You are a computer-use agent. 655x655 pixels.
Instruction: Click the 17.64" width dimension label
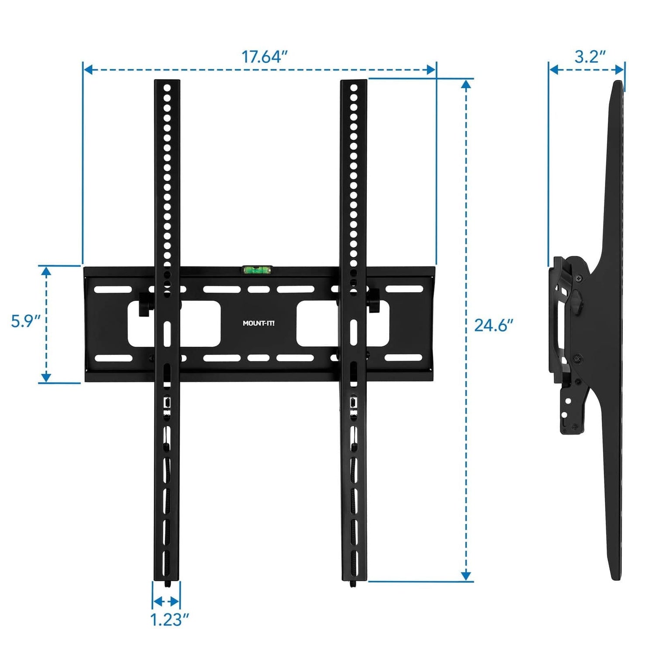(265, 57)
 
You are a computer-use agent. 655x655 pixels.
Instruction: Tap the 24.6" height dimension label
(493, 325)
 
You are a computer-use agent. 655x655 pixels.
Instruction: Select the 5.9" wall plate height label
(25, 321)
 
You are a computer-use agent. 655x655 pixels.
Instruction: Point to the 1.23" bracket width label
(169, 619)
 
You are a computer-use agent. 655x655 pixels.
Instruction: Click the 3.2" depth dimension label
(590, 57)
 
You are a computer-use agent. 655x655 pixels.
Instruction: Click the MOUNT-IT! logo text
(259, 323)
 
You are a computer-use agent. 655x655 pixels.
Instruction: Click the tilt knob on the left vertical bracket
(145, 305)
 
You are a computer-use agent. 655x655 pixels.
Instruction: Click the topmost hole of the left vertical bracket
(167, 88)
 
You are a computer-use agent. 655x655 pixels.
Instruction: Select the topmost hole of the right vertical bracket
(354, 88)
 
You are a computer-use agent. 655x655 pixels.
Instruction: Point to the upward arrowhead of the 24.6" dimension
(466, 84)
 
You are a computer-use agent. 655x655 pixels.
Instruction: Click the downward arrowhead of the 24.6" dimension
(466, 576)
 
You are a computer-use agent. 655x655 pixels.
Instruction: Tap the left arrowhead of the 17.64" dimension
(87, 69)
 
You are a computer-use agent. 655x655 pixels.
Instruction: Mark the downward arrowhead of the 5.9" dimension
(46, 378)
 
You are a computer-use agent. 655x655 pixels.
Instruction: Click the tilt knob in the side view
(577, 301)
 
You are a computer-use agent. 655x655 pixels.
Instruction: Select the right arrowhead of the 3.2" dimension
(620, 69)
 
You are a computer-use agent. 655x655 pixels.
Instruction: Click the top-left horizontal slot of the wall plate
(113, 289)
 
